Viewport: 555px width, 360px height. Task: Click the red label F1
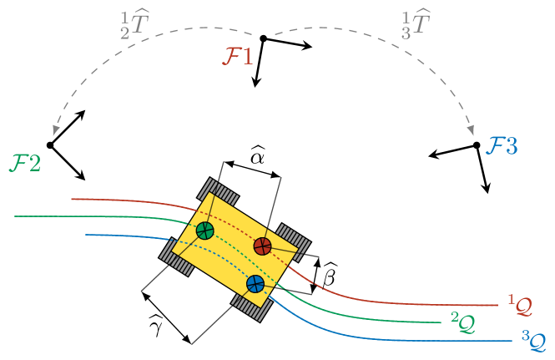point(237,57)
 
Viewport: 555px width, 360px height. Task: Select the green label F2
point(25,162)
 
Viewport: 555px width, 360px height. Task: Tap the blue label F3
point(502,146)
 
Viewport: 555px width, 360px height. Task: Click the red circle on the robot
point(262,246)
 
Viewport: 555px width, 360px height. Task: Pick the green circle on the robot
point(205,231)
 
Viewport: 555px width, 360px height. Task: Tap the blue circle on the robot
point(255,284)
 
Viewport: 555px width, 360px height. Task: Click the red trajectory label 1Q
point(520,305)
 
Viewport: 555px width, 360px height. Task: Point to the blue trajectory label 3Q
point(533,340)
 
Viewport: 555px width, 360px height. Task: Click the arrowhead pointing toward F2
point(56,130)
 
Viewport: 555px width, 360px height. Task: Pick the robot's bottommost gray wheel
point(251,306)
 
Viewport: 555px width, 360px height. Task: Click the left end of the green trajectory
point(15,216)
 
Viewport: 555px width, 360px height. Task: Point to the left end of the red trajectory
point(72,199)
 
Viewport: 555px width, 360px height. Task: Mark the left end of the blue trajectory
point(86,235)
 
